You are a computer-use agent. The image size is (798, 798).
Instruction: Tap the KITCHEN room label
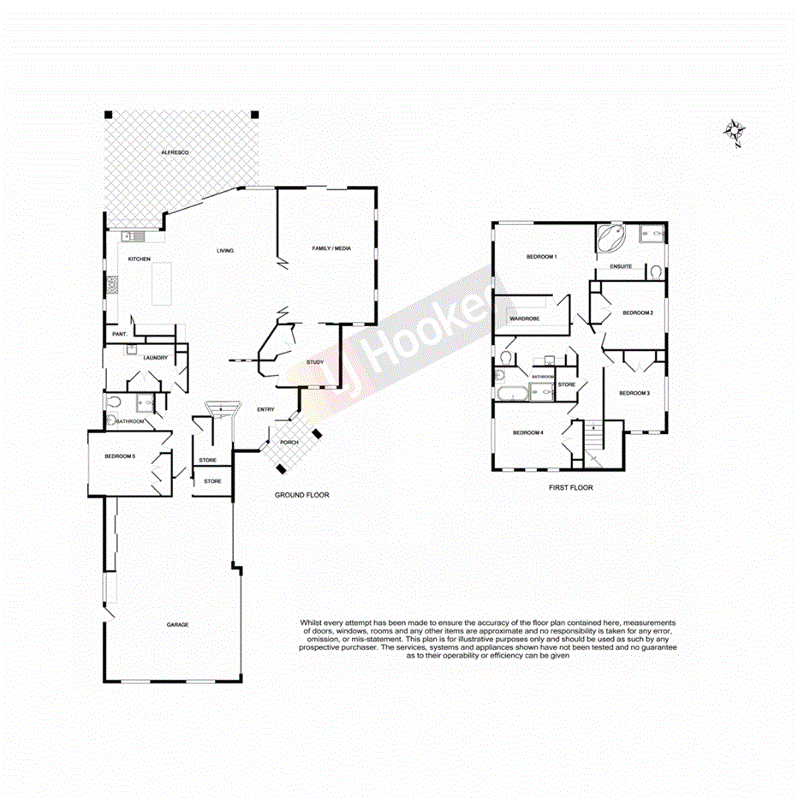(139, 259)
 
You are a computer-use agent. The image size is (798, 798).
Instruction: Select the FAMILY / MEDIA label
(331, 249)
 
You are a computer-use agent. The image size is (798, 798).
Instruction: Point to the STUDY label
(313, 363)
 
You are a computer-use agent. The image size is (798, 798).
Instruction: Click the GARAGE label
(177, 624)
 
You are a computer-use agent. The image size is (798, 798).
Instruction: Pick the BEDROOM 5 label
(120, 456)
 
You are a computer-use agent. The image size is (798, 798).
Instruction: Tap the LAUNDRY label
(156, 358)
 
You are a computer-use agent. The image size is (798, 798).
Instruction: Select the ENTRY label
(265, 409)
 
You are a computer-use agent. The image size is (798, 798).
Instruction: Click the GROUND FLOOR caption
(301, 496)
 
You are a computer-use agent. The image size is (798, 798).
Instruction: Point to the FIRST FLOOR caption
(570, 487)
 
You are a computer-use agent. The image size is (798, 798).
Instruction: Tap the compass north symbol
(735, 132)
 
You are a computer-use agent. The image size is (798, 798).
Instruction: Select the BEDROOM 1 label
(542, 257)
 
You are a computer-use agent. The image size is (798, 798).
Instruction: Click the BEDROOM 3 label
(634, 393)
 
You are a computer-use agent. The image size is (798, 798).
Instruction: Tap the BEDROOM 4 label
(528, 432)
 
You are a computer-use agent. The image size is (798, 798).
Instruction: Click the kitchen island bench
(163, 283)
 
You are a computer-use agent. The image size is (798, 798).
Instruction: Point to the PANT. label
(119, 334)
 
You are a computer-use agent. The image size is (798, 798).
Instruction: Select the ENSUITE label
(622, 266)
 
